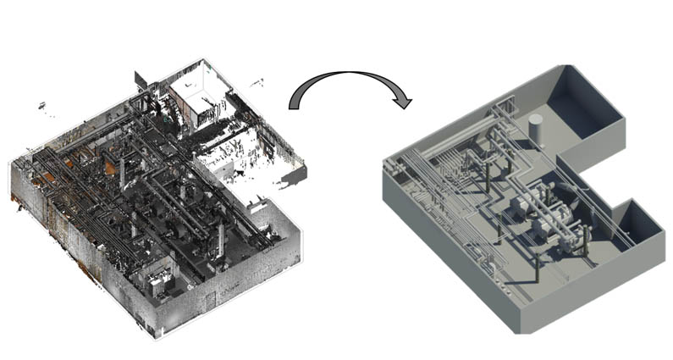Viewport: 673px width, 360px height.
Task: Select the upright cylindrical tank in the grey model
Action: (x=535, y=128)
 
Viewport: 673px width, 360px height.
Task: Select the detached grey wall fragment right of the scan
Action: (x=295, y=176)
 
